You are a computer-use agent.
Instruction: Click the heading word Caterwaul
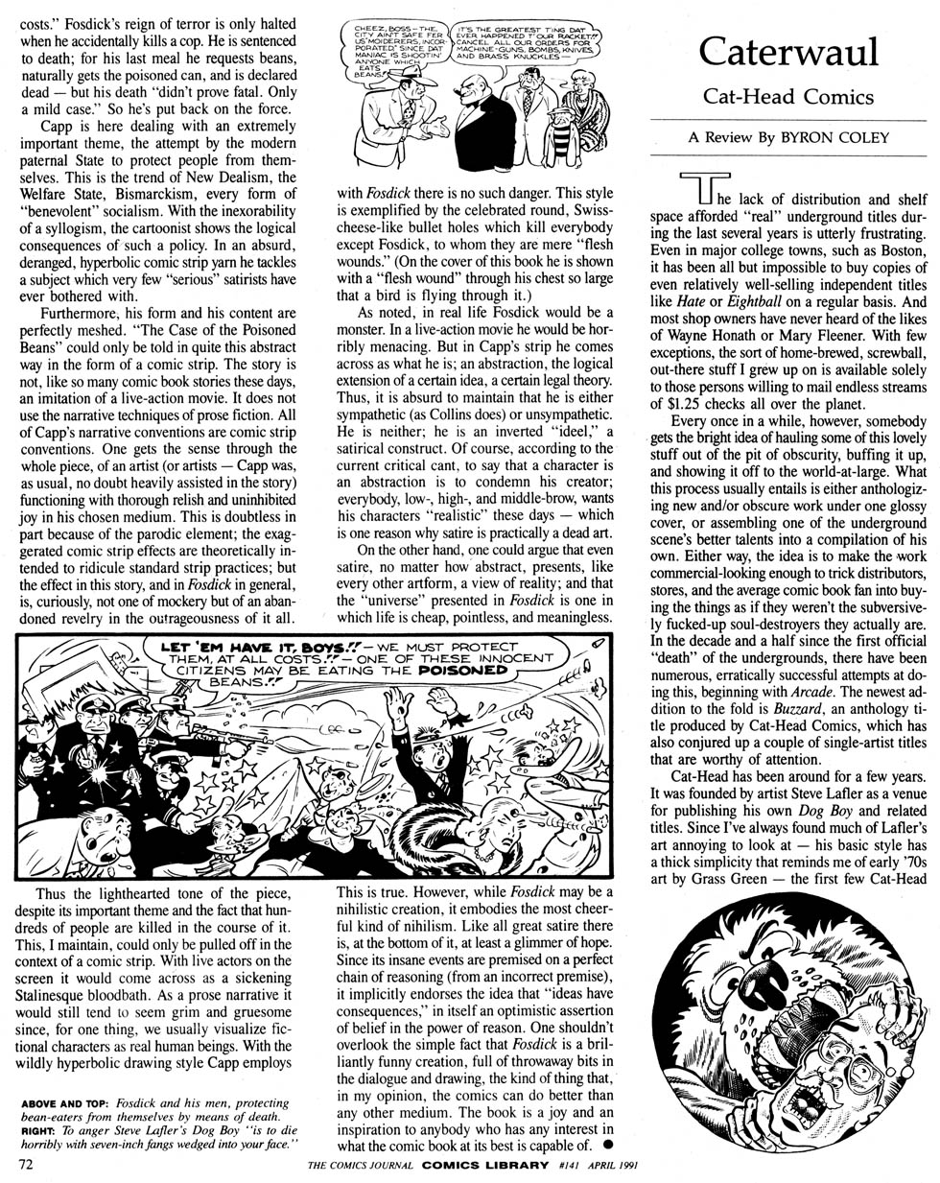[x=789, y=53]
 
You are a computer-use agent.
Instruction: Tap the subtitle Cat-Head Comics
[x=788, y=97]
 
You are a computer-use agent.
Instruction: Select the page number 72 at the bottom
[x=26, y=1164]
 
